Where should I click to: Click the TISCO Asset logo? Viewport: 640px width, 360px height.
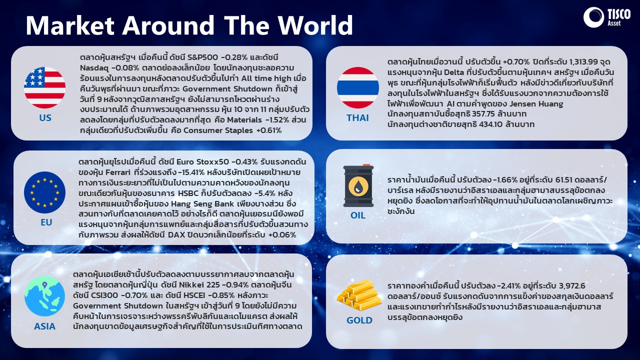607,17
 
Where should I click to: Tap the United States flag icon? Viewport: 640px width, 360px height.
45,87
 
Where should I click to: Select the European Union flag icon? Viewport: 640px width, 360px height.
45,192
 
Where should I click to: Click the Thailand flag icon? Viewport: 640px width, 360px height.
357,87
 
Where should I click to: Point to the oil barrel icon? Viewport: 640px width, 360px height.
358,185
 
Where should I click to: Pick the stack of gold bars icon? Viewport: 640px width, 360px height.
359,295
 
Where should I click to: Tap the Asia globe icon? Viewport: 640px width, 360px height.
45,296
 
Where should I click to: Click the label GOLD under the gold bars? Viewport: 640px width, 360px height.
359,320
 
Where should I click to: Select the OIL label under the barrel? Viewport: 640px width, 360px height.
357,215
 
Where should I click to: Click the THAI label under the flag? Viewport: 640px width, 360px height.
357,117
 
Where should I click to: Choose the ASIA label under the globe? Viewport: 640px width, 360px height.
45,326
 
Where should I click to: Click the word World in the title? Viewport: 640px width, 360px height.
315,25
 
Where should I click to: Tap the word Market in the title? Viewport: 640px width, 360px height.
70,25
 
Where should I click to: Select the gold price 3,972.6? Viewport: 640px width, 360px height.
569,285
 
